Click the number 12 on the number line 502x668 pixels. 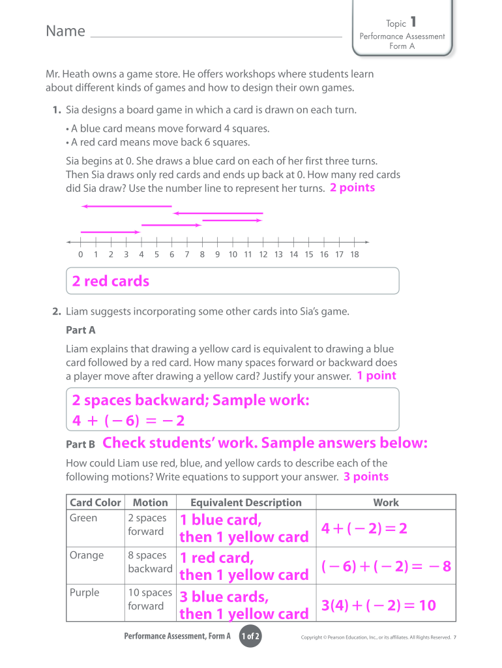click(263, 254)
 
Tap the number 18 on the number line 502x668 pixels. click(355, 254)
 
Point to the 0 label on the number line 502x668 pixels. click(80, 254)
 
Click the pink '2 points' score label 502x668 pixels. click(352, 188)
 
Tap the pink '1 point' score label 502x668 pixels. click(376, 376)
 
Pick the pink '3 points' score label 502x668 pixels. click(366, 477)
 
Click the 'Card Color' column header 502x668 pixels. click(95, 502)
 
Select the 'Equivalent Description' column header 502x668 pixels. click(246, 502)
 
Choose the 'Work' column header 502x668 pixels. click(386, 502)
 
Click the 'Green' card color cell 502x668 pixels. click(83, 518)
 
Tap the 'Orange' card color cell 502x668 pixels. click(87, 555)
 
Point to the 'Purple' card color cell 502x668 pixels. click(85, 592)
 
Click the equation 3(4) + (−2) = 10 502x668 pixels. click(379, 606)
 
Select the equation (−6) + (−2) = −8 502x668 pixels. click(386, 566)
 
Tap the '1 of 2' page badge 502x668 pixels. click(251, 637)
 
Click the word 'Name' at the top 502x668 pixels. click(65, 31)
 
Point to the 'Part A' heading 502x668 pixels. click(81, 330)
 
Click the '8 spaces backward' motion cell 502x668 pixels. click(150, 562)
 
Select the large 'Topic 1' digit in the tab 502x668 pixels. click(413, 22)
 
